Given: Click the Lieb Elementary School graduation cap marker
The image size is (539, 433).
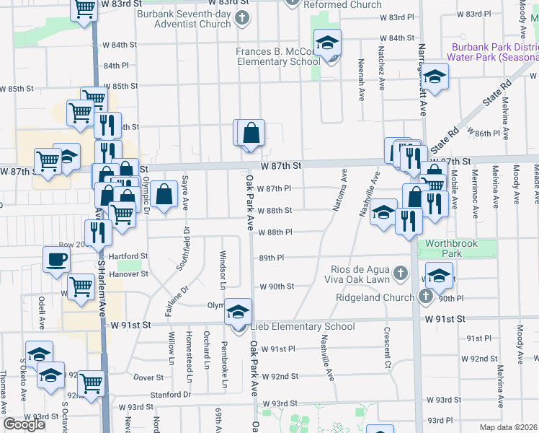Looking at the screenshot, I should (x=236, y=312).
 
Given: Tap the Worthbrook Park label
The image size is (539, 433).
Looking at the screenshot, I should (x=452, y=249).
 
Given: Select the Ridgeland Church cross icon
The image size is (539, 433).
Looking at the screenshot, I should (x=425, y=297).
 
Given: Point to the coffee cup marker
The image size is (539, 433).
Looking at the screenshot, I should (x=56, y=260).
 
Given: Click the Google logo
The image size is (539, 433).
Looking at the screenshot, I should (x=24, y=424).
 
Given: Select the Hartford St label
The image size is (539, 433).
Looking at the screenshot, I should (x=128, y=256).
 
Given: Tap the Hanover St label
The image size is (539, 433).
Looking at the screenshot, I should (x=128, y=274).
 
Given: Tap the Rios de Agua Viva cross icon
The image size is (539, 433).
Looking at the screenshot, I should (x=402, y=274).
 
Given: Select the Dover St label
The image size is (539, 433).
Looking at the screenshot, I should (x=148, y=377).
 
